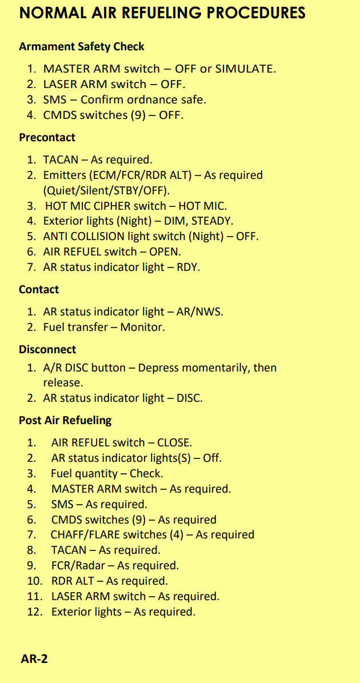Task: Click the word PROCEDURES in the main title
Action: click(255, 13)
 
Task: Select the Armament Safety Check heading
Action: click(81, 46)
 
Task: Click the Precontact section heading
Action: click(47, 138)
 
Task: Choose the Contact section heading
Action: click(39, 290)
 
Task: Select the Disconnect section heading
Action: click(47, 350)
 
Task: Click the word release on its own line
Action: click(63, 384)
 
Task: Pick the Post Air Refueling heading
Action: click(65, 421)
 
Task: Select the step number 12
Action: click(34, 612)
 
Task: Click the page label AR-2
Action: click(34, 660)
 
